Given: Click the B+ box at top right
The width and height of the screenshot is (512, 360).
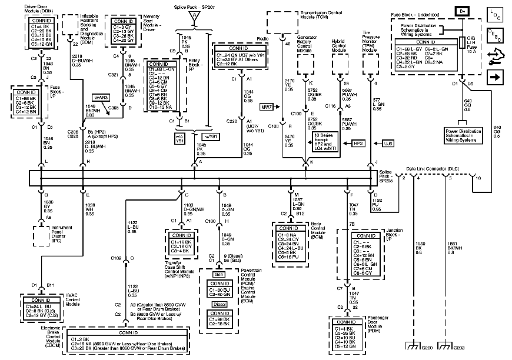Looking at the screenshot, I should click(463, 10).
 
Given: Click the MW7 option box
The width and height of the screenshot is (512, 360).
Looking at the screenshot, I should click(266, 106).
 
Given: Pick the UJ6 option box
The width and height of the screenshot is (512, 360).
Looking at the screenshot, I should click(387, 143).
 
